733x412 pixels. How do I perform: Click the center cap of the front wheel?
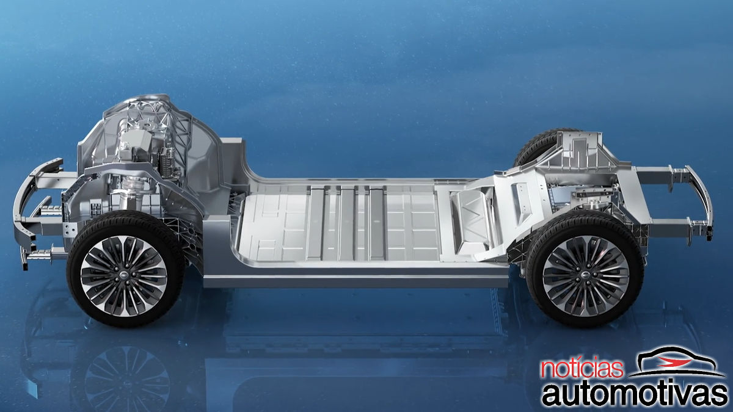point(124,275)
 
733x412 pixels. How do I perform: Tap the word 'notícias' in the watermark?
point(582,369)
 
